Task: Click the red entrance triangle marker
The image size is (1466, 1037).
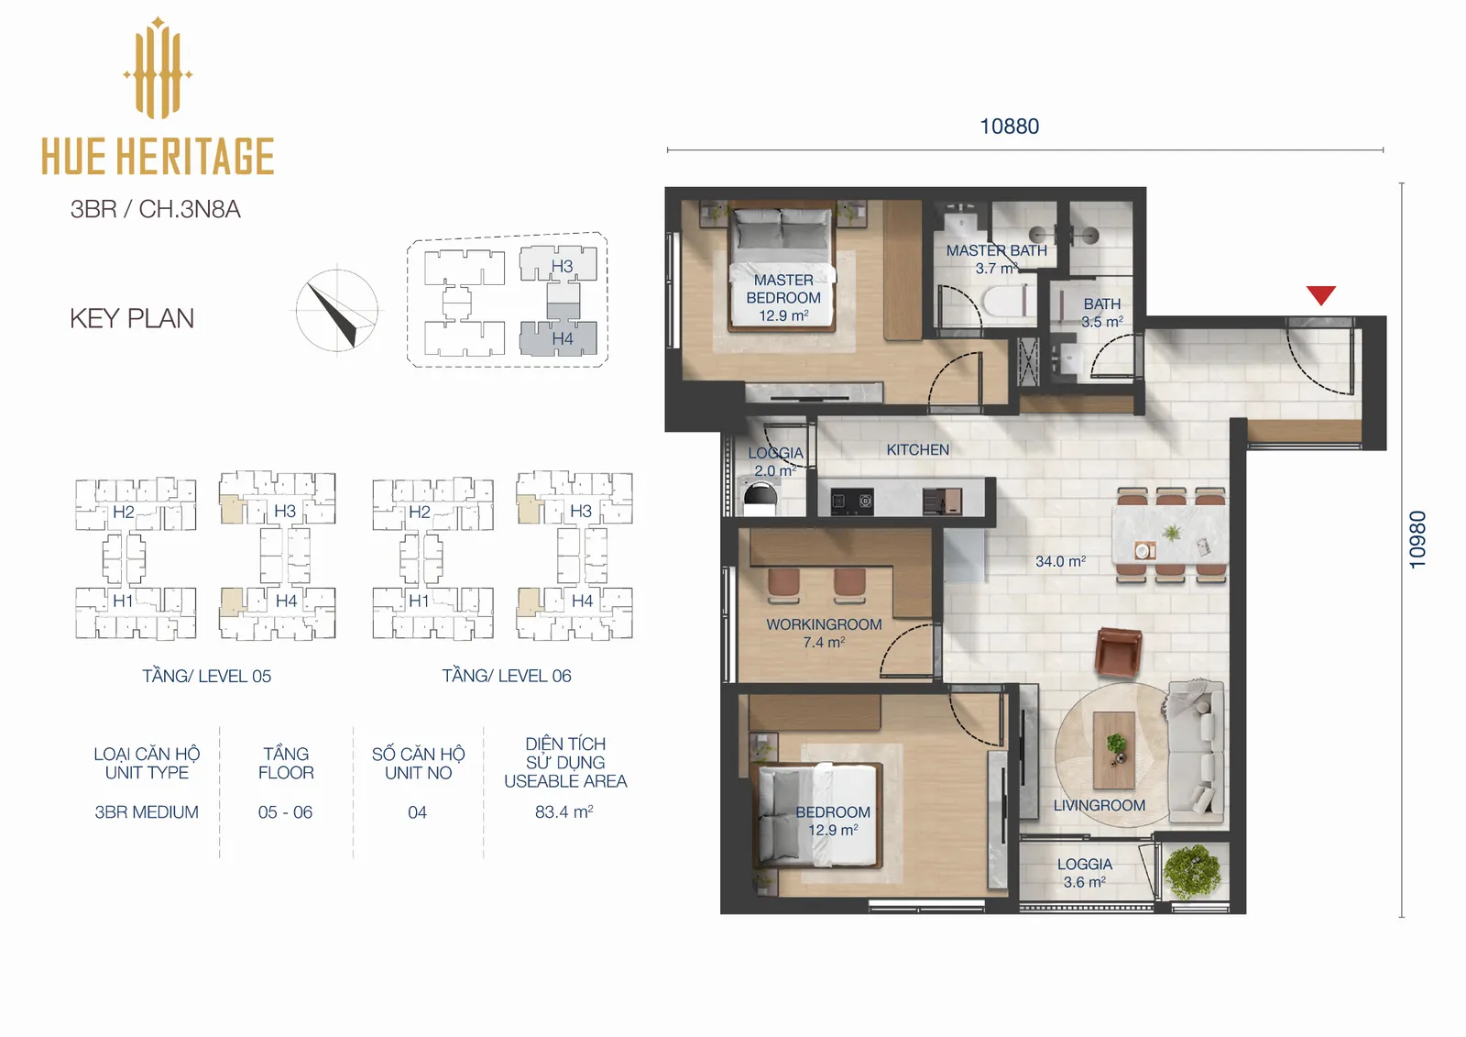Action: [x=1320, y=295]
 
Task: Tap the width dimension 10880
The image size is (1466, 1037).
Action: [x=1009, y=127]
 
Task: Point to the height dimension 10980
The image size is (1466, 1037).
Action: [x=1417, y=539]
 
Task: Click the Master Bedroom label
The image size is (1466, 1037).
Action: [x=783, y=289]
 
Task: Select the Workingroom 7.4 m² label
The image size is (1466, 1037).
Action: [x=824, y=634]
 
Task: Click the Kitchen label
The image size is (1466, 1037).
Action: [x=917, y=450]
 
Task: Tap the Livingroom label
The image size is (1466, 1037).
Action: [x=1099, y=805]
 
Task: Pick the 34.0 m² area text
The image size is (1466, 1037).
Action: [x=1060, y=561]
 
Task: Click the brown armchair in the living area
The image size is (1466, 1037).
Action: [x=1119, y=652]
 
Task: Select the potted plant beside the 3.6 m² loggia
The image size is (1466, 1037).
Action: [x=1193, y=871]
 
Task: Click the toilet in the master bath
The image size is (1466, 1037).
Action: [x=1007, y=304]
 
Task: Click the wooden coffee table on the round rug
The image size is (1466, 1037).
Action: [x=1114, y=751]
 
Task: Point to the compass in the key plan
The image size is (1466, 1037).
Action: [x=336, y=311]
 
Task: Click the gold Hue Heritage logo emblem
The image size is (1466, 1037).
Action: [x=158, y=68]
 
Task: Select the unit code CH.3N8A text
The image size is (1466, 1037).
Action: [x=189, y=210]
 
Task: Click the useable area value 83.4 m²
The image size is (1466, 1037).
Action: [x=564, y=811]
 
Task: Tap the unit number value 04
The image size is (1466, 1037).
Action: [x=417, y=812]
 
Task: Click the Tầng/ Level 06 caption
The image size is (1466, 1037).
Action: [x=506, y=676]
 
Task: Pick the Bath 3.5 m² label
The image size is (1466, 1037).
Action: [x=1102, y=313]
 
